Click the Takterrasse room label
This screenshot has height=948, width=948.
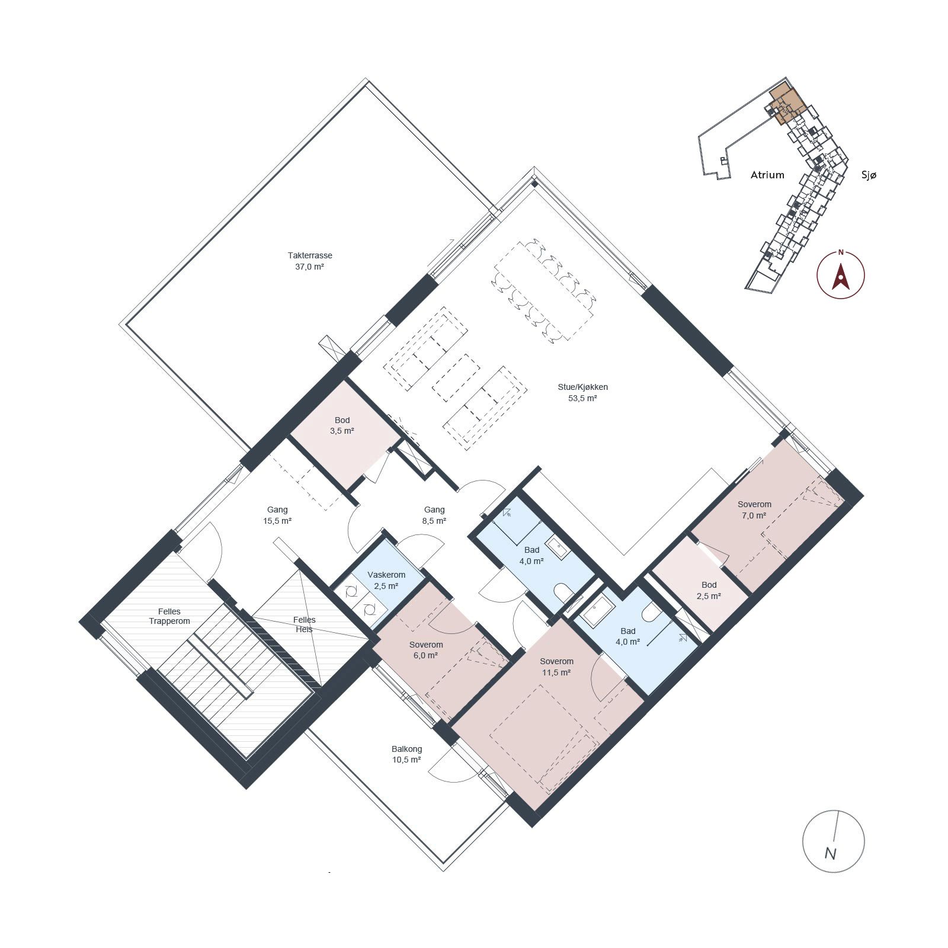pos(310,255)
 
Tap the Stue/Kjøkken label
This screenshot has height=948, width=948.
pos(582,387)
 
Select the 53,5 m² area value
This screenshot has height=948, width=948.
pos(582,398)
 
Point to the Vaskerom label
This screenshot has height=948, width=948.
pos(386,575)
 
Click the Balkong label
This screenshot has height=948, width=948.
pos(406,748)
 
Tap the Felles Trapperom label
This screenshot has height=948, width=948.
pos(169,616)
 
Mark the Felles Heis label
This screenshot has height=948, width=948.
pos(305,624)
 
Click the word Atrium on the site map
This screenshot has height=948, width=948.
pos(767,175)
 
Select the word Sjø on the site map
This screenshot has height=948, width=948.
pos(869,175)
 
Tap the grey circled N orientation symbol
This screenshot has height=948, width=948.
pos(833,841)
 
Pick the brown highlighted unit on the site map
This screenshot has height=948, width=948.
pos(787,104)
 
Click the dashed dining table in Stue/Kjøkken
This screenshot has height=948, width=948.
pos(543,291)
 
